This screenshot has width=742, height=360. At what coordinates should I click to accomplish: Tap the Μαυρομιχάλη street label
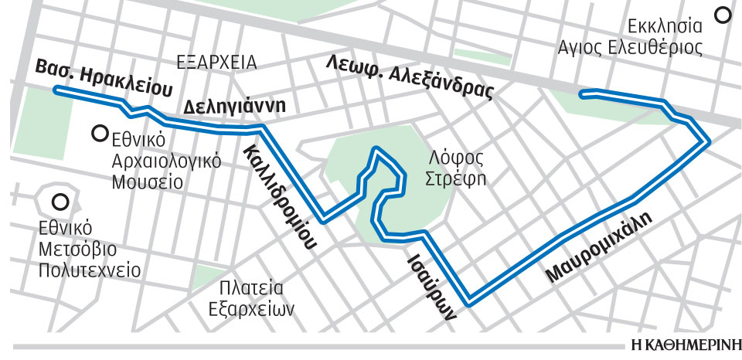pyautogui.click(x=598, y=248)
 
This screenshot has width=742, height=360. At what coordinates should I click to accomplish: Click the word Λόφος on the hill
pyautogui.click(x=457, y=158)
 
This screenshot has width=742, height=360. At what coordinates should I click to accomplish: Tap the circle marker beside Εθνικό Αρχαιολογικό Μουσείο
pyautogui.click(x=99, y=134)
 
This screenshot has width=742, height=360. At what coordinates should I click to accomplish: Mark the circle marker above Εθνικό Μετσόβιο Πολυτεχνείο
pyautogui.click(x=59, y=204)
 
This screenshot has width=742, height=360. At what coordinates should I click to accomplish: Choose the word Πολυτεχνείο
pyautogui.click(x=91, y=270)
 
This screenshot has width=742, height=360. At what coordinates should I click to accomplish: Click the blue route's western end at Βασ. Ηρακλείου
pyautogui.click(x=56, y=90)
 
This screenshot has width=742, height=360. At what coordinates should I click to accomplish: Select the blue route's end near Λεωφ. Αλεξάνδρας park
pyautogui.click(x=582, y=94)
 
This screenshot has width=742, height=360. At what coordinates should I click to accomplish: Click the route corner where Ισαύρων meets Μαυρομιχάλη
pyautogui.click(x=468, y=300)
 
